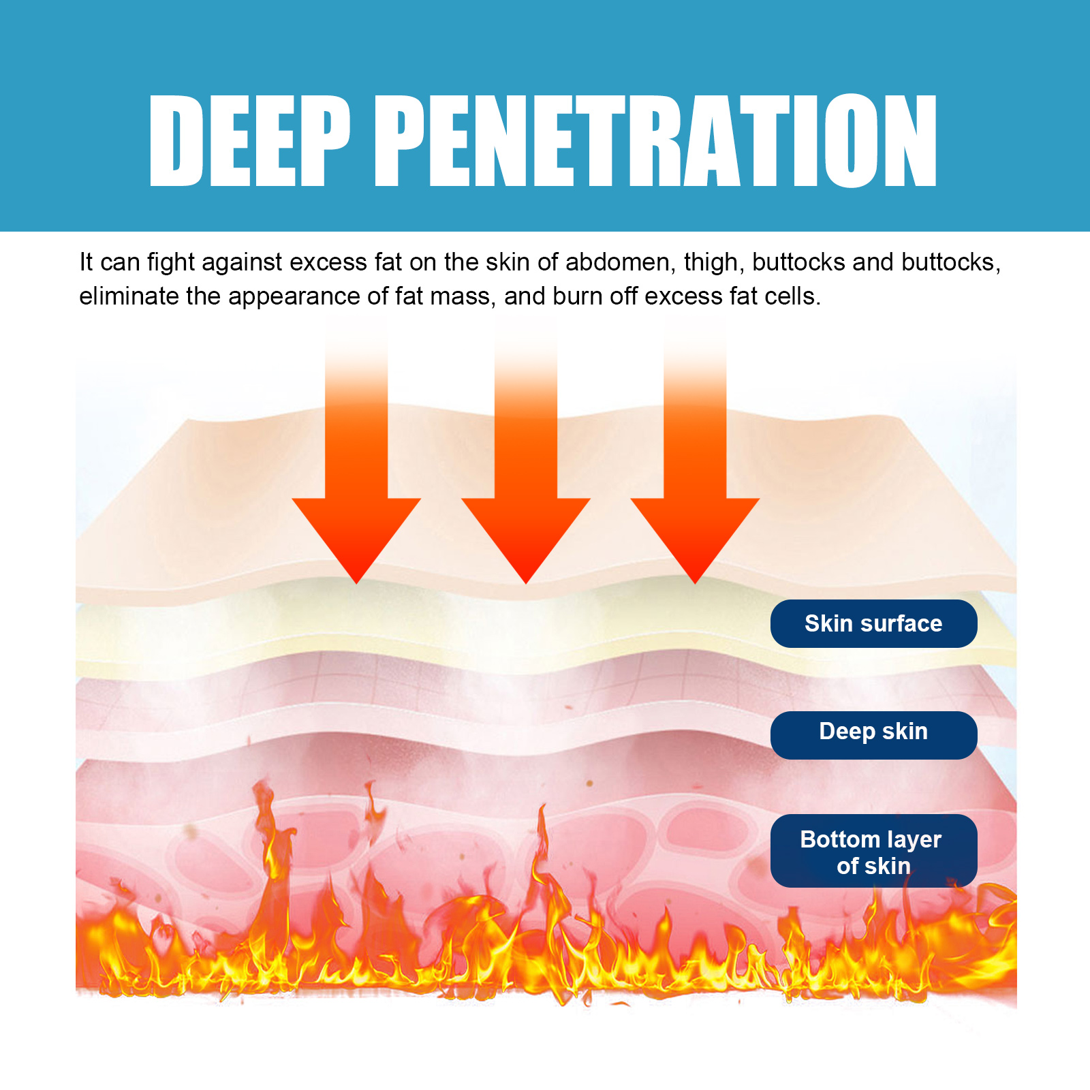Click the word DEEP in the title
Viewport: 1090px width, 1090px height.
[249, 141]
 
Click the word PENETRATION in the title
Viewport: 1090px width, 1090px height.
[656, 141]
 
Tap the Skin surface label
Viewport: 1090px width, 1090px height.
[873, 623]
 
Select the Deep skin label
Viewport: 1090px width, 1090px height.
[873, 732]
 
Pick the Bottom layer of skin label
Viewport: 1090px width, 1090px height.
[873, 852]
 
